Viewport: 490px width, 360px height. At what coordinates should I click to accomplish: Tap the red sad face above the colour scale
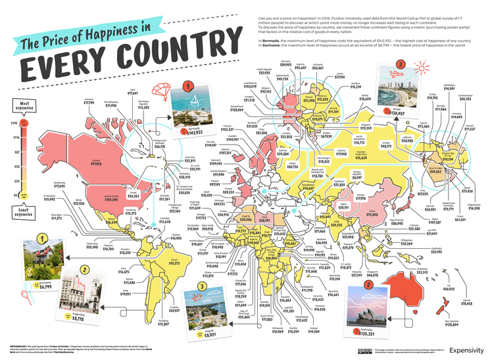pyautogui.click(x=24, y=123)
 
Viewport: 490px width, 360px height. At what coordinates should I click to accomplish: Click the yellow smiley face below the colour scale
pyautogui.click(x=24, y=196)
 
